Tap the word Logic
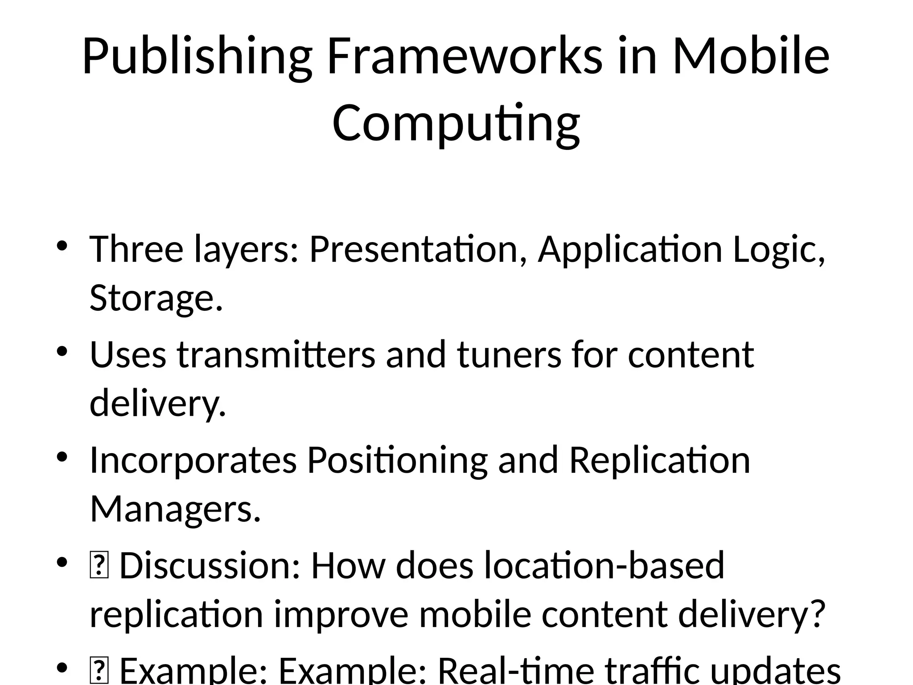pyautogui.click(x=778, y=250)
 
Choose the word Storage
pyautogui.click(x=156, y=298)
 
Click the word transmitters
pyautogui.click(x=276, y=355)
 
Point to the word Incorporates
pyautogui.click(x=193, y=460)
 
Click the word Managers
pyautogui.click(x=175, y=509)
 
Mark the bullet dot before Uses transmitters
pyautogui.click(x=62, y=352)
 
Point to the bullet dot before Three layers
pyautogui.click(x=62, y=247)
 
